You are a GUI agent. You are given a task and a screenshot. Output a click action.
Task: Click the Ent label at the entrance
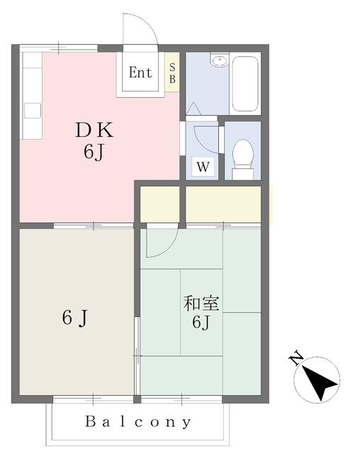(x=140, y=72)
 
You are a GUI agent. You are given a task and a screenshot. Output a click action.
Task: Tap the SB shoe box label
(x=172, y=73)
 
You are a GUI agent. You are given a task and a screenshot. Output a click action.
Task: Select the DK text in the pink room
(x=94, y=131)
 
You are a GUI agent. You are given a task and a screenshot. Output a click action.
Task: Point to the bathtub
(x=245, y=84)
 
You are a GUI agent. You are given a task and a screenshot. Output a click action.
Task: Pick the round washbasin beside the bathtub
(x=220, y=60)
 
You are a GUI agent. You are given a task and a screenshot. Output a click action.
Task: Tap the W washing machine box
(x=203, y=167)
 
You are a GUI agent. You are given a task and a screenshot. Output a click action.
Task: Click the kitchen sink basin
(x=33, y=111)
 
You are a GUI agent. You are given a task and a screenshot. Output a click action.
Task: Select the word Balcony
(x=138, y=422)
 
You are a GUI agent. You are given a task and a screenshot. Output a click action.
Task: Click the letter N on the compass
(x=296, y=358)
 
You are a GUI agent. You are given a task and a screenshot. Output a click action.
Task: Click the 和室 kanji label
(x=201, y=303)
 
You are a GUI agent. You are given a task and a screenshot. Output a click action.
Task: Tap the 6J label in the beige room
(x=74, y=318)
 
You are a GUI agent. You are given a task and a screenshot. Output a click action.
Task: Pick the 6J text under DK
(x=94, y=152)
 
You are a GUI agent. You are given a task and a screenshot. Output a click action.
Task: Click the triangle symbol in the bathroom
(x=193, y=109)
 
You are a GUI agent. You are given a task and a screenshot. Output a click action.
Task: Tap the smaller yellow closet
(x=160, y=204)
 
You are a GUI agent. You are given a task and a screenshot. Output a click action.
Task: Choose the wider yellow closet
(x=223, y=204)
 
